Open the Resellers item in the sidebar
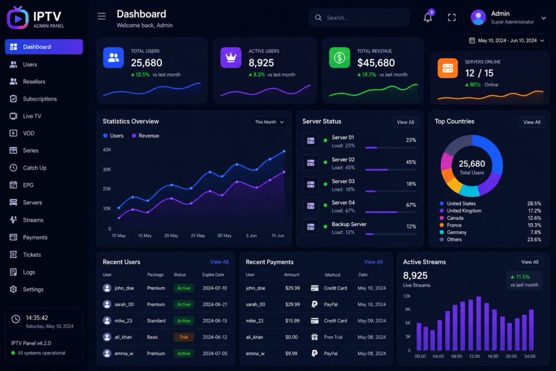click(x=34, y=81)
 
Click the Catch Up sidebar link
click(x=34, y=168)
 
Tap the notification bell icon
click(x=428, y=17)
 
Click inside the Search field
click(x=359, y=18)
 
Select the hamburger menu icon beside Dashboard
click(x=102, y=16)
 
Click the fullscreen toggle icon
click(x=451, y=17)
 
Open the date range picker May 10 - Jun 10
click(x=507, y=40)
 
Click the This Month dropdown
click(x=269, y=122)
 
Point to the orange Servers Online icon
click(x=447, y=68)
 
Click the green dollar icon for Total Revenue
click(x=339, y=58)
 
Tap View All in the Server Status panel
click(x=405, y=122)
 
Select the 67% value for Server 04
click(x=411, y=205)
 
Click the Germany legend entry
click(x=456, y=232)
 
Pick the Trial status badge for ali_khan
click(x=184, y=337)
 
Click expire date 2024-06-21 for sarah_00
click(x=215, y=304)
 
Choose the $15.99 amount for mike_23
click(x=292, y=320)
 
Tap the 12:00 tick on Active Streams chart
click(x=475, y=356)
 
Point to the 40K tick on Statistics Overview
click(x=107, y=150)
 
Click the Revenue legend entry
click(x=146, y=135)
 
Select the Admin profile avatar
click(x=478, y=17)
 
